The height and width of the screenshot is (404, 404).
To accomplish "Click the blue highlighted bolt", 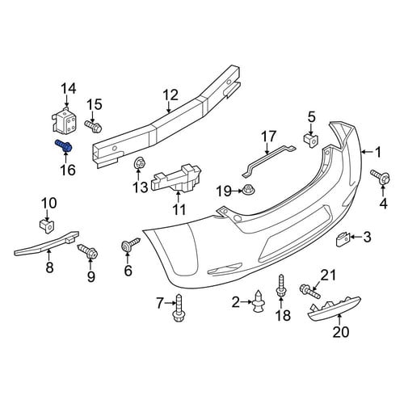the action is pyautogui.click(x=64, y=145).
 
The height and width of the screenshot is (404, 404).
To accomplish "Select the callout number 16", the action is pyautogui.click(x=68, y=170).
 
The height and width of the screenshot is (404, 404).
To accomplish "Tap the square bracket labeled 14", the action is pyautogui.click(x=64, y=120).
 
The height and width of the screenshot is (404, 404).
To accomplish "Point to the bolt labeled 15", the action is pyautogui.click(x=93, y=127).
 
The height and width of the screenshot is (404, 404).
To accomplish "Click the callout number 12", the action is pyautogui.click(x=170, y=95).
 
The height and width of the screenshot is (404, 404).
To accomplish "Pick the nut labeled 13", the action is pyautogui.click(x=140, y=162).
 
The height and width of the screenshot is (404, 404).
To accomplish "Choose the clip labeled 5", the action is pyautogui.click(x=311, y=141).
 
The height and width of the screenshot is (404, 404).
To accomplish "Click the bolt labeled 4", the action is pyautogui.click(x=381, y=176).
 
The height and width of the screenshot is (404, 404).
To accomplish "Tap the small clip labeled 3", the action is pyautogui.click(x=342, y=239).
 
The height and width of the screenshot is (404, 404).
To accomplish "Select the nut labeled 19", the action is pyautogui.click(x=248, y=190).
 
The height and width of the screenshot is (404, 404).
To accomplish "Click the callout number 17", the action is pyautogui.click(x=268, y=137).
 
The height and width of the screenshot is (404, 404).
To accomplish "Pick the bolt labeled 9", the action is pyautogui.click(x=88, y=250).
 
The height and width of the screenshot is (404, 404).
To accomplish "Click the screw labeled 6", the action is pyautogui.click(x=130, y=243).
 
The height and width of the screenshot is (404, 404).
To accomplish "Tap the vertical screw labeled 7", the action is pyautogui.click(x=179, y=309).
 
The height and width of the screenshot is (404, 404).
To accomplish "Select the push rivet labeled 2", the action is pyautogui.click(x=258, y=301).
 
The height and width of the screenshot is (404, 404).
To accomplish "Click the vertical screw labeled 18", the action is pyautogui.click(x=280, y=285).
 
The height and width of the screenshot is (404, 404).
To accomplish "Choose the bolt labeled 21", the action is pyautogui.click(x=310, y=292).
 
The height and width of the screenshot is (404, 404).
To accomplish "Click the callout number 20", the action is pyautogui.click(x=341, y=331).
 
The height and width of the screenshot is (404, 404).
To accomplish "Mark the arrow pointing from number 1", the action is pyautogui.click(x=366, y=153).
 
